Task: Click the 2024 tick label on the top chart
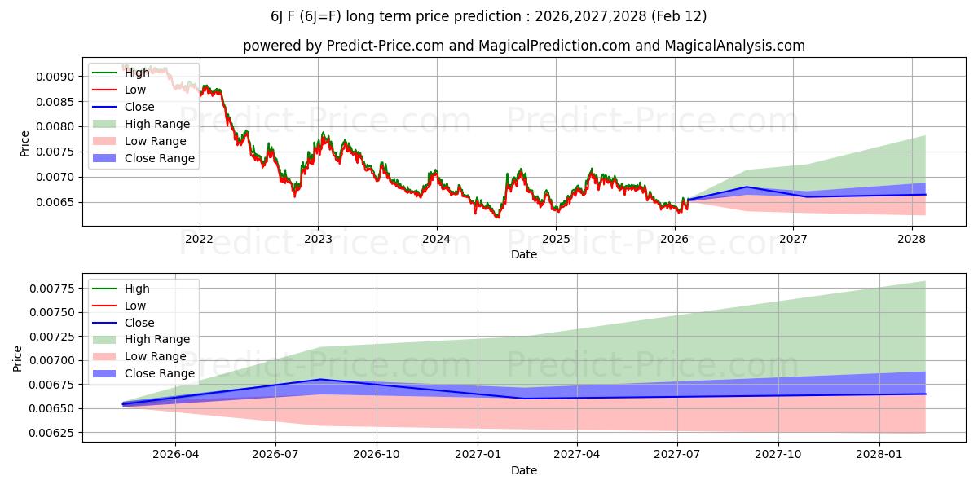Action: (437, 239)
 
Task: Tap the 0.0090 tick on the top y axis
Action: (57, 77)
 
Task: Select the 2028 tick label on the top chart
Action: (911, 239)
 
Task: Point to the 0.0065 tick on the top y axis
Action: (57, 202)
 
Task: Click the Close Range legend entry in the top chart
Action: (159, 158)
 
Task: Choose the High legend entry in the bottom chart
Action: (137, 289)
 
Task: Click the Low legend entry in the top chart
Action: (135, 90)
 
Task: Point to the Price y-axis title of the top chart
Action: (24, 143)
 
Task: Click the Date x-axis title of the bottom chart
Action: (523, 470)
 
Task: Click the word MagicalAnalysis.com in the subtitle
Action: (734, 46)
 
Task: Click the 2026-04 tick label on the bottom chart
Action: (175, 455)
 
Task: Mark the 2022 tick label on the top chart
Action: (200, 239)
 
